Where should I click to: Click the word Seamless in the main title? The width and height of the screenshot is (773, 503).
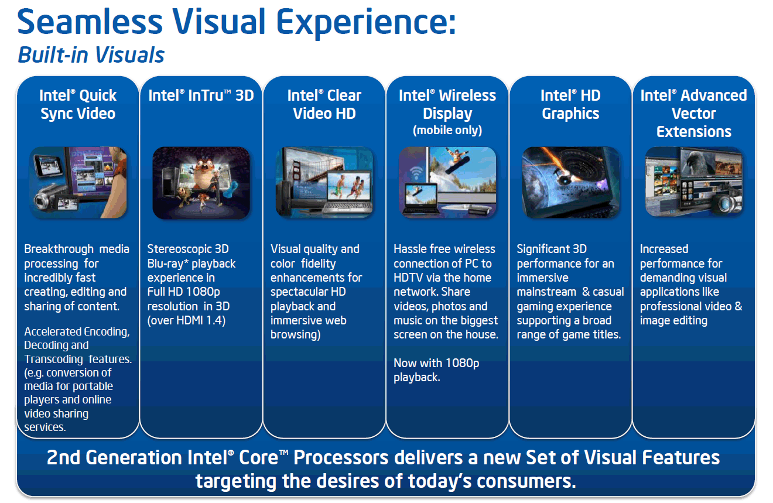[90, 22]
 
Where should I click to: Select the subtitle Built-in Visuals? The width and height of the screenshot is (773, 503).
[91, 55]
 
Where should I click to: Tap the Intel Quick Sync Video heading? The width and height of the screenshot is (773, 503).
[78, 104]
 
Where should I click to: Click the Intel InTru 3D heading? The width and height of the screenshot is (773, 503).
[201, 95]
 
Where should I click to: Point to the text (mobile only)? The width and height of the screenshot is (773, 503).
[447, 130]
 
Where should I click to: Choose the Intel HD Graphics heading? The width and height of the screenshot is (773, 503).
[570, 104]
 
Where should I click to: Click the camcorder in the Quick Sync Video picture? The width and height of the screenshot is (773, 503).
[47, 200]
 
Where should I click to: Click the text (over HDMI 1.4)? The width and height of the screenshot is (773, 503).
[186, 320]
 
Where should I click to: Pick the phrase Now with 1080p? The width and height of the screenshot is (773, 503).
[436, 363]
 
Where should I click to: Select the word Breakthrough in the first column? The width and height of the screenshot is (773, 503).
[59, 249]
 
